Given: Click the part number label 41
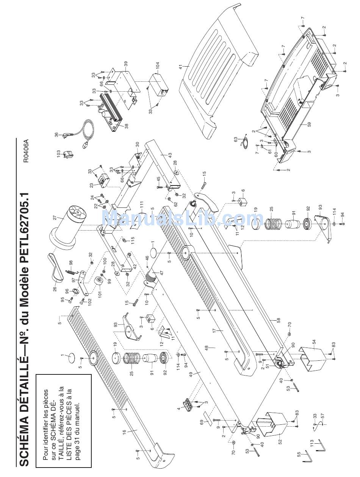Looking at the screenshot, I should tap(181, 67).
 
